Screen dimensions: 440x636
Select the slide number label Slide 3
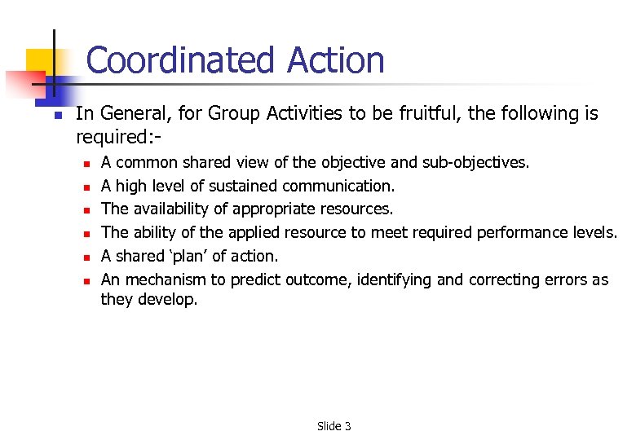tap(334, 426)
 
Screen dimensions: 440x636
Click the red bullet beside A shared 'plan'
tap(85, 257)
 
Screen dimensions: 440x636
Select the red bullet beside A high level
tap(85, 187)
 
